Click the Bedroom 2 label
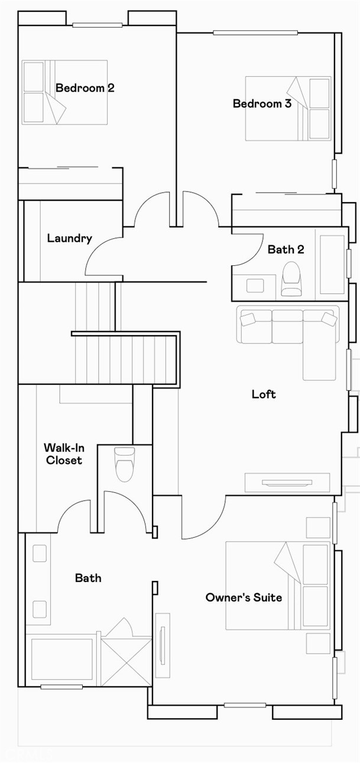[x=85, y=88]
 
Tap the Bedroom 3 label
[x=262, y=103]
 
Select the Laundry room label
[x=70, y=238]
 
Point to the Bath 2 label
[x=286, y=249]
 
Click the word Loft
[x=264, y=394]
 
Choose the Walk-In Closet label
[x=64, y=454]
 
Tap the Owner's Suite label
[x=244, y=597]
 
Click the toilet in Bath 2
[x=291, y=278]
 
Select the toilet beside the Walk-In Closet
[x=125, y=465]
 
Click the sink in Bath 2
[x=255, y=285]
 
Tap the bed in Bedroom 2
[x=64, y=92]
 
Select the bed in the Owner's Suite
[x=278, y=585]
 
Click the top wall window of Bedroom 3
[x=255, y=33]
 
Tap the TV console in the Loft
[x=287, y=482]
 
